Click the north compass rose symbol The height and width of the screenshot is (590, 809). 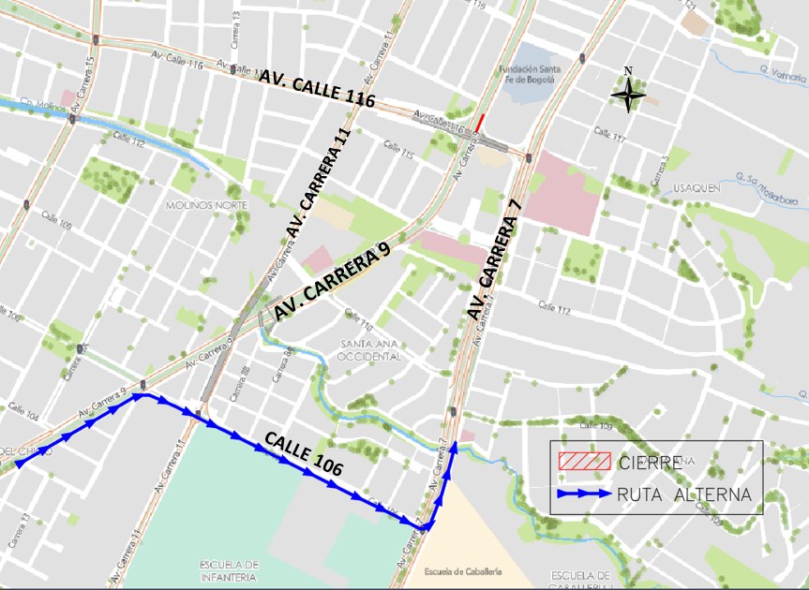(628, 92)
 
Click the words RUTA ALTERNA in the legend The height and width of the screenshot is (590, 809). (683, 494)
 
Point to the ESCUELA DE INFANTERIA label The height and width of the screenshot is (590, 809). (229, 571)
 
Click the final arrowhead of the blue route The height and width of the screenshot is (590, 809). (454, 447)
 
